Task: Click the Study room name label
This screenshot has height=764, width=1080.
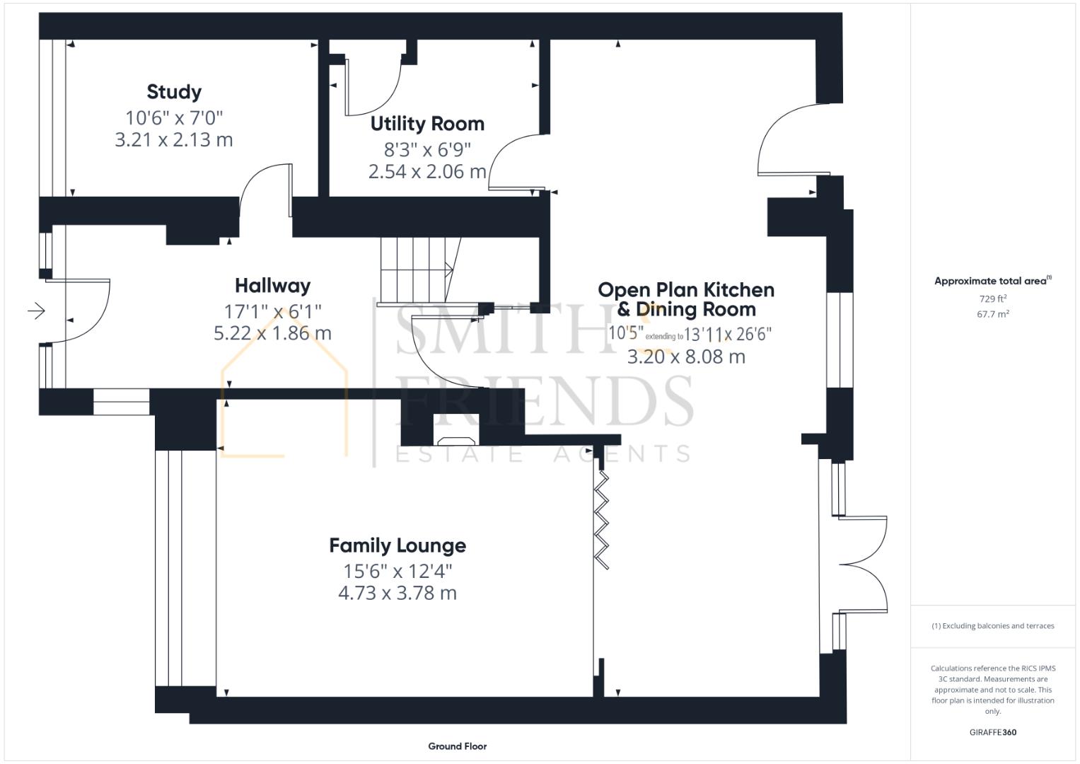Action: coord(174,92)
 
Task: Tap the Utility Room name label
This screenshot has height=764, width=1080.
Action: coord(427,124)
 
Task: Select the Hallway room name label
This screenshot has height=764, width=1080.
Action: coord(272,286)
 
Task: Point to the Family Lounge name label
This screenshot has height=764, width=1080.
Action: coord(397,545)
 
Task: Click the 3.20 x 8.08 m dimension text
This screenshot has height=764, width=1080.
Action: coord(686,357)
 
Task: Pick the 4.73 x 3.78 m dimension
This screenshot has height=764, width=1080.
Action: coord(397,593)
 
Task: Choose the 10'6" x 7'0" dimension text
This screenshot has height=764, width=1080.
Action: coord(174,117)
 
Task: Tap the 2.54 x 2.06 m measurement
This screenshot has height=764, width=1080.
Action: coord(427,172)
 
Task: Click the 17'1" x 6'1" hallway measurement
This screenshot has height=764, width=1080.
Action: coord(272,311)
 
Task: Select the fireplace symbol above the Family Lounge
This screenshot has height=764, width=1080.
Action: coord(456,440)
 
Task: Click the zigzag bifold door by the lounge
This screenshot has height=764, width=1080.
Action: coord(601,520)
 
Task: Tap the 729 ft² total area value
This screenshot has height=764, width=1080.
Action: coord(993,299)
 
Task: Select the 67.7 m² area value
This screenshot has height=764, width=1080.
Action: coord(993,314)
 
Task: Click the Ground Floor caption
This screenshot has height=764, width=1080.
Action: coord(457,746)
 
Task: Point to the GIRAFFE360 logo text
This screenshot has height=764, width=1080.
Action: coord(993,732)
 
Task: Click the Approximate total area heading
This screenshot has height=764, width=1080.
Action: coord(993,281)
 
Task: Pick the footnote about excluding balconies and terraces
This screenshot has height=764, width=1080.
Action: coord(993,625)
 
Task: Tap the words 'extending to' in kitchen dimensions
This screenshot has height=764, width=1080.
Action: coord(664,337)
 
